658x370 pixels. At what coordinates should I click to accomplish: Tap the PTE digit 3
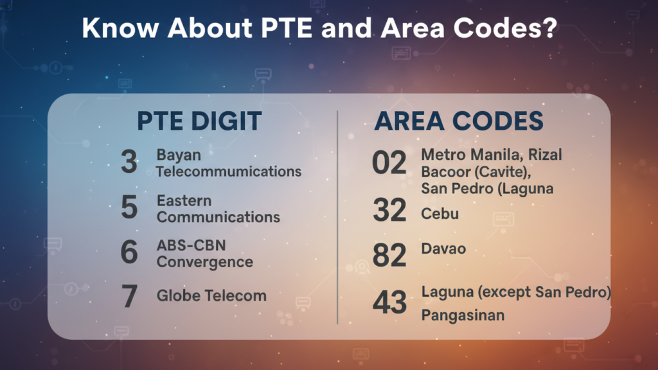coord(129,163)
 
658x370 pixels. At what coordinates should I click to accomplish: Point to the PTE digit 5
coord(129,208)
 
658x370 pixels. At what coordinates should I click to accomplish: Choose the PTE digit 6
coord(129,252)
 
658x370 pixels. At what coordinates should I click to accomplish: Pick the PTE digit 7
coord(129,295)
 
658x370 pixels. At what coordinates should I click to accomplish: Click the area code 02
coord(389,163)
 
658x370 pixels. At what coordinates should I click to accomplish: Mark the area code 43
coord(389,303)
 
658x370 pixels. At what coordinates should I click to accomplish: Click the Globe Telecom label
coord(211,296)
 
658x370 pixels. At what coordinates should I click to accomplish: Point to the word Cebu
coord(440,214)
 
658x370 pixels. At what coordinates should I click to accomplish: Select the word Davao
coord(443,247)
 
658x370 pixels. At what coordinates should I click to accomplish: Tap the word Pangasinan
coord(463,315)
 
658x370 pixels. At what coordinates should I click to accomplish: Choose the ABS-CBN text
coord(191,246)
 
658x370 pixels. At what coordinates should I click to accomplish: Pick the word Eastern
coord(184,201)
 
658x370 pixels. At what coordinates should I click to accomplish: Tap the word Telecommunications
coord(229,172)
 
